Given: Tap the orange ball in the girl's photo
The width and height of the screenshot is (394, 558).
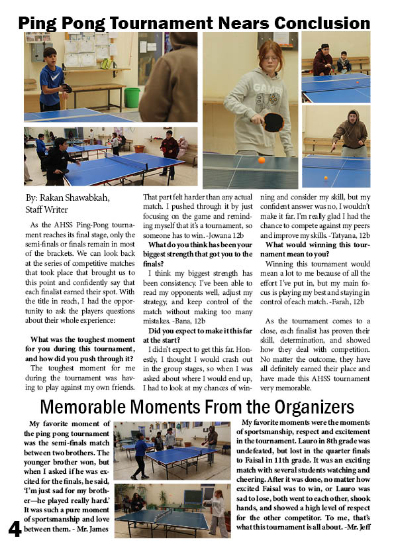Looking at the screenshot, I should (x=261, y=160).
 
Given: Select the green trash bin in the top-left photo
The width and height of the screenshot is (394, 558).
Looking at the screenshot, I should (x=132, y=97).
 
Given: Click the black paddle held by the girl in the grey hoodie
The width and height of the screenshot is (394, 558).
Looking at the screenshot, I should (x=272, y=122).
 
